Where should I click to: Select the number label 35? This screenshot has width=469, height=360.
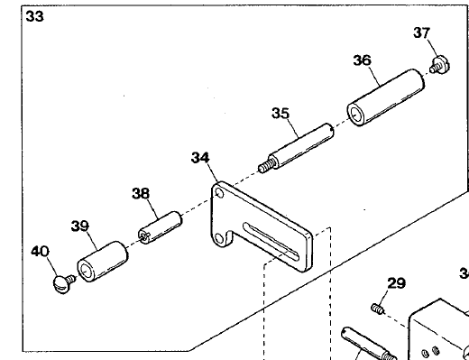click(x=280, y=113)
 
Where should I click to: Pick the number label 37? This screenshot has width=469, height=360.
click(x=421, y=32)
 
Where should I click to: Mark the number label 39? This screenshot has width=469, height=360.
click(x=80, y=226)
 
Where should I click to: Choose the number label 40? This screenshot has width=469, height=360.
click(x=40, y=251)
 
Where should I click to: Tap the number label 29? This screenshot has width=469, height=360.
click(x=396, y=283)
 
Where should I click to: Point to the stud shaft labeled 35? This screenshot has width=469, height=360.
click(x=301, y=145)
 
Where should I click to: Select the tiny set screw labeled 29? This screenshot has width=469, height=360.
click(x=379, y=310)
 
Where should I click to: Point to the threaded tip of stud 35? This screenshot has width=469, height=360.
click(x=265, y=167)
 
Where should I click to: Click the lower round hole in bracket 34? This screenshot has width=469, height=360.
click(x=221, y=238)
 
